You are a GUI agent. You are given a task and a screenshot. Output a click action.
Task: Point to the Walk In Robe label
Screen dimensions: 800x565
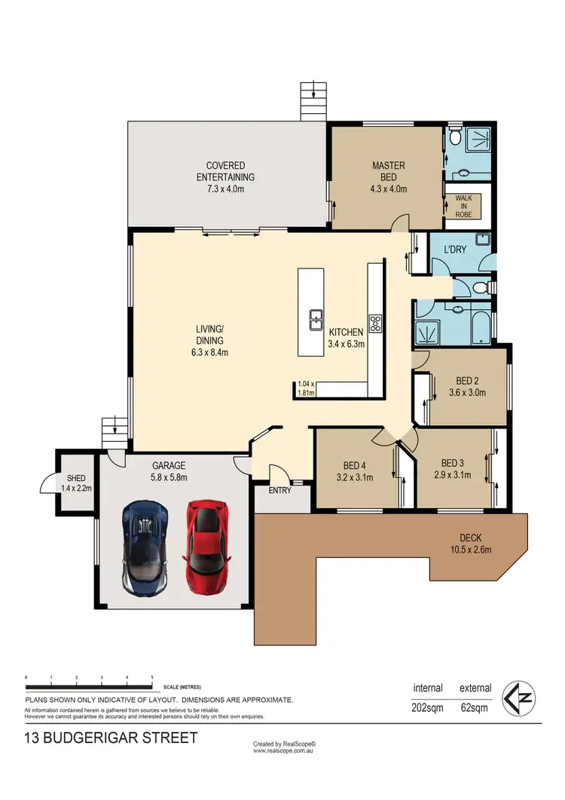point(463,207)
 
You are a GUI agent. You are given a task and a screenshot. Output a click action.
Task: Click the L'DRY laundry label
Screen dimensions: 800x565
point(454,249)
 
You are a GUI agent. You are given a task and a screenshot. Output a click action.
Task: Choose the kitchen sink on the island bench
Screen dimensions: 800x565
point(316,320)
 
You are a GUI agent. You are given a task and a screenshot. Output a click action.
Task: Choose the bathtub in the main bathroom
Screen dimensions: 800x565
point(479,323)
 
